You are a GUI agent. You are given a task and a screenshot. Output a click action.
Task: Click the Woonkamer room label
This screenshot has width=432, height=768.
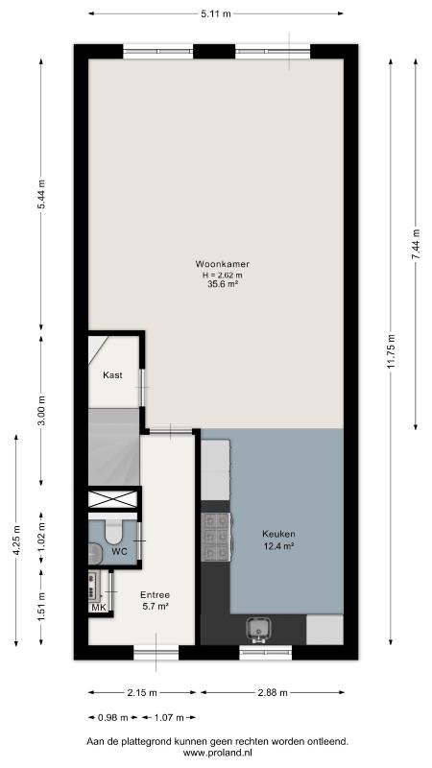[223, 264]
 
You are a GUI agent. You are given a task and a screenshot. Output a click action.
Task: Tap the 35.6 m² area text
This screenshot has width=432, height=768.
[223, 282]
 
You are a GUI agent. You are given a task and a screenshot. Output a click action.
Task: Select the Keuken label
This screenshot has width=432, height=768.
[278, 534]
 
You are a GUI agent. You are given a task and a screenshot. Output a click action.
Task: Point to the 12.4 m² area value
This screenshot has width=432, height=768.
[278, 545]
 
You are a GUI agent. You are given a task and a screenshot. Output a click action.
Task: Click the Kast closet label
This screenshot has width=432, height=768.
[112, 375]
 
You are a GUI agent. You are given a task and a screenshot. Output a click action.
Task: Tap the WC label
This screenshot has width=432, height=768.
[119, 551]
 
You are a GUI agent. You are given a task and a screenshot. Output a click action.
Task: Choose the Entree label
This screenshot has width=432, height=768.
[155, 595]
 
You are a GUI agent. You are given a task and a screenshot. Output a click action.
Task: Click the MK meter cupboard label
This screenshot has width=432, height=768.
[98, 608]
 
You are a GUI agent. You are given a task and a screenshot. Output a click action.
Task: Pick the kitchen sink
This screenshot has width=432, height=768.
[257, 630]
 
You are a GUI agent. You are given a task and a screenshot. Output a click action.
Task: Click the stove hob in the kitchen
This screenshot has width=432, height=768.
[216, 537]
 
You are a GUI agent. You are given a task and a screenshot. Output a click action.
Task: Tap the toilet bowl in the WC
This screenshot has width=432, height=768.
[115, 532]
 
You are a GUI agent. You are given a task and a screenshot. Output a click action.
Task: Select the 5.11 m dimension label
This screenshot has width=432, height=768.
[215, 13]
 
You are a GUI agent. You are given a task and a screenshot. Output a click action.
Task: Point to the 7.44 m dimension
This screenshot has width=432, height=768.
[416, 245]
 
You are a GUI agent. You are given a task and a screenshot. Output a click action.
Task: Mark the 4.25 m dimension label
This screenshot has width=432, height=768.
[16, 540]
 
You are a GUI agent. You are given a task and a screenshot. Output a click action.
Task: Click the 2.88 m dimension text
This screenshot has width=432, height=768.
[272, 692]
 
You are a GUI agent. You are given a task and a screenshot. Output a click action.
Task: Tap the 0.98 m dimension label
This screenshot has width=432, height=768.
[113, 717]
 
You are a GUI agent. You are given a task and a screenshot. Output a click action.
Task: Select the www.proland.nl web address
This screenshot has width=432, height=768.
[218, 754]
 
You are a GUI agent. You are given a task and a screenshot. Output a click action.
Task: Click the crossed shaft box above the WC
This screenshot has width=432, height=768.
[113, 499]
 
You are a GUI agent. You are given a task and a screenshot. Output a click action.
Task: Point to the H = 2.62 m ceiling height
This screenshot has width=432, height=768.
[223, 274]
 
